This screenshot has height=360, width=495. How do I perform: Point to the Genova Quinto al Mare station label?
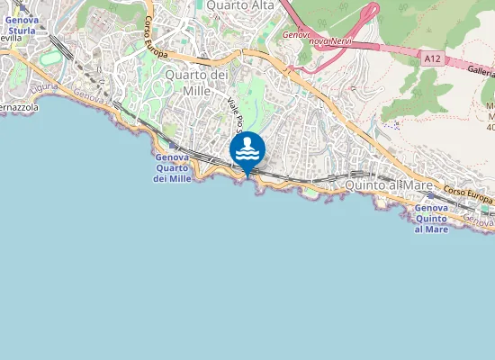431,219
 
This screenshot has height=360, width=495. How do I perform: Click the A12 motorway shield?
433,58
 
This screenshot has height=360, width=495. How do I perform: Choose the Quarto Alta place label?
239,5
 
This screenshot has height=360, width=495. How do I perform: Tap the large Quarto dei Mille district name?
194,83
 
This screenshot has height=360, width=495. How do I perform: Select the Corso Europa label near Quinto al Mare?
468,193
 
